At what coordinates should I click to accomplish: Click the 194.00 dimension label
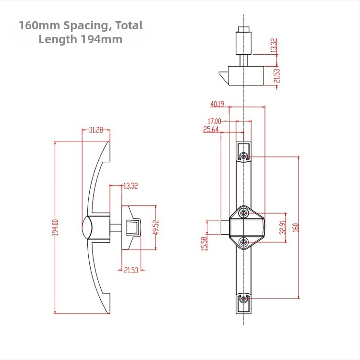click(x=56, y=228)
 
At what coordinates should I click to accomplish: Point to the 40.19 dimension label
click(x=217, y=104)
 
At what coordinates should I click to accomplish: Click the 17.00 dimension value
click(x=215, y=121)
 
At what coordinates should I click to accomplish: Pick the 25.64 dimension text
click(x=211, y=130)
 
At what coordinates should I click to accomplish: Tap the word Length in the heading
click(x=57, y=39)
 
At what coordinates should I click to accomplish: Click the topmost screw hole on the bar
click(x=244, y=156)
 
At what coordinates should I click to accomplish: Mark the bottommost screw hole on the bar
click(x=244, y=299)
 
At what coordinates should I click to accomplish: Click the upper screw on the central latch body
click(x=244, y=212)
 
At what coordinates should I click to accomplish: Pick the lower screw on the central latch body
click(x=244, y=242)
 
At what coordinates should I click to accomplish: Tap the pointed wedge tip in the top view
click(x=221, y=74)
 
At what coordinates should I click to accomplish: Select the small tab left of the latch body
click(x=226, y=228)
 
